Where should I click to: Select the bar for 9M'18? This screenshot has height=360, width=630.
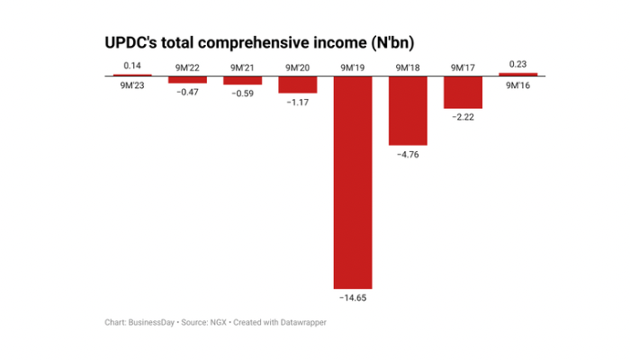(x=408, y=111)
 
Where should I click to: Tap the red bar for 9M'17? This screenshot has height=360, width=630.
(x=463, y=93)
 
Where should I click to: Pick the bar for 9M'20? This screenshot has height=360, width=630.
(x=297, y=85)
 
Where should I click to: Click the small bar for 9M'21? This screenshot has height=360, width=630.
(x=242, y=80)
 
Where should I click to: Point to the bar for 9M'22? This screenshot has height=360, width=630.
(x=187, y=79)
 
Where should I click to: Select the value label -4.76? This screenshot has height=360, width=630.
(x=408, y=154)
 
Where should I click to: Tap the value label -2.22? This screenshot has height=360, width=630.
(x=463, y=117)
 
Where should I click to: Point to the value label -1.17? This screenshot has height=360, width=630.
(x=297, y=102)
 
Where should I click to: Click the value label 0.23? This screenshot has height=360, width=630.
(x=517, y=63)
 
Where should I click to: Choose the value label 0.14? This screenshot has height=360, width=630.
(x=132, y=66)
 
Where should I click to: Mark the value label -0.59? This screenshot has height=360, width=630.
(x=242, y=93)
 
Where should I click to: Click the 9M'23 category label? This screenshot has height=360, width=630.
(x=132, y=85)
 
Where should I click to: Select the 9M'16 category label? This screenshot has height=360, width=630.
(x=517, y=85)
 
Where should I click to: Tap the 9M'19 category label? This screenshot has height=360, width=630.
(x=352, y=67)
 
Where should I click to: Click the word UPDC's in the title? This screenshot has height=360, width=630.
(x=131, y=41)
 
